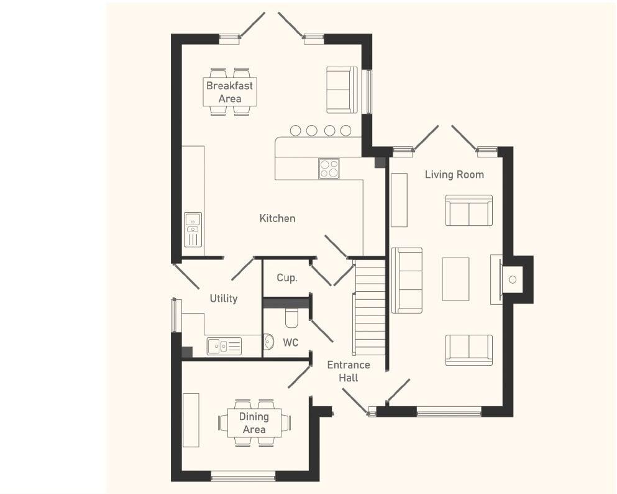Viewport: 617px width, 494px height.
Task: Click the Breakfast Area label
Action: pyautogui.click(x=229, y=91)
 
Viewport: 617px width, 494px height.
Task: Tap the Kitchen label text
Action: pyautogui.click(x=277, y=218)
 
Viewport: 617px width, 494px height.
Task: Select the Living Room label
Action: pyautogui.click(x=454, y=174)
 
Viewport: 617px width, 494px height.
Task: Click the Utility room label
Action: pyautogui.click(x=223, y=299)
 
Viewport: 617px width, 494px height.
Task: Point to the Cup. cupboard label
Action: pyautogui.click(x=286, y=278)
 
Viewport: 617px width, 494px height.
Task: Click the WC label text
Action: pyautogui.click(x=291, y=343)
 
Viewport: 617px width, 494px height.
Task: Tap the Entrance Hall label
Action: pyautogui.click(x=349, y=371)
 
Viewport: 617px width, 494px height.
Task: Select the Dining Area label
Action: pyautogui.click(x=254, y=422)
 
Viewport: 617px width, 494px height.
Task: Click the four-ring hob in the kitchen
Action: pyautogui.click(x=329, y=169)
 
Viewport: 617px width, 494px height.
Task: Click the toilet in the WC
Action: pyautogui.click(x=292, y=319)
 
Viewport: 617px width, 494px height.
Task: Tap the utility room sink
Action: pyautogui.click(x=224, y=346)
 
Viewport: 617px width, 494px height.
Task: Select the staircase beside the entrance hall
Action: pyautogui.click(x=370, y=308)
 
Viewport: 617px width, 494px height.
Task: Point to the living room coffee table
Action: pyautogui.click(x=455, y=279)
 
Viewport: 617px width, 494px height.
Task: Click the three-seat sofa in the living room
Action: pyautogui.click(x=407, y=280)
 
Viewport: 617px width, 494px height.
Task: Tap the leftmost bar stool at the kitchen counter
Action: pyautogui.click(x=296, y=130)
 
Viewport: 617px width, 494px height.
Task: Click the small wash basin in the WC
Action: pyautogui.click(x=268, y=342)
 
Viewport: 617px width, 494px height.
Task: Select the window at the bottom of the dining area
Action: pyautogui.click(x=243, y=477)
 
